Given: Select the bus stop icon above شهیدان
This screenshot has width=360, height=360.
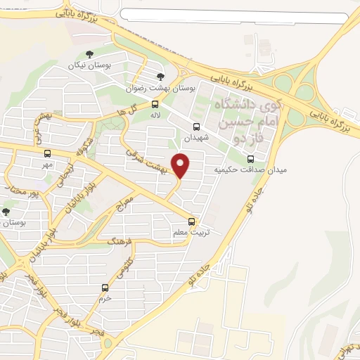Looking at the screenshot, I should click(x=196, y=127).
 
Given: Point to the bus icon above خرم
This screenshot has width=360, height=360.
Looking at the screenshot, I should click(x=105, y=287).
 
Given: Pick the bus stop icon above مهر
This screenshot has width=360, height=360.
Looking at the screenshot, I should click(x=47, y=153).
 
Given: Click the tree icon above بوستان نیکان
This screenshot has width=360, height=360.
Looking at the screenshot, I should click(x=88, y=54).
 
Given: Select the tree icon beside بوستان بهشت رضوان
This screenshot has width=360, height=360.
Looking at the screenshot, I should click(x=161, y=77).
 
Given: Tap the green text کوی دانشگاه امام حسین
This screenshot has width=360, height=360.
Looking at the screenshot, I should click(x=247, y=112).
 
